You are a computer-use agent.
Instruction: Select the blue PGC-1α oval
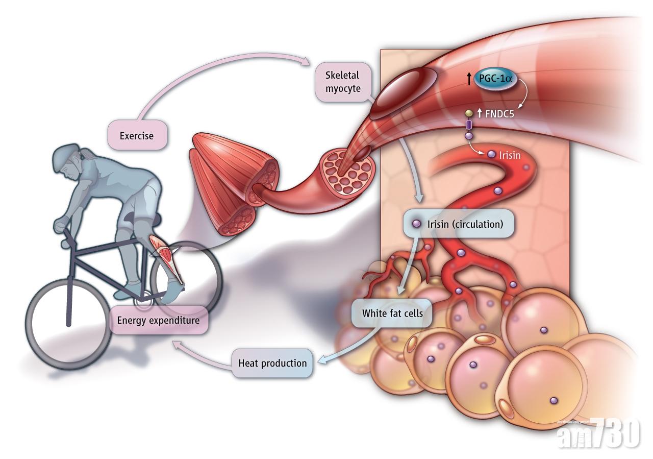[494, 79]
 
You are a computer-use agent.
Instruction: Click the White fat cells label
[392, 312]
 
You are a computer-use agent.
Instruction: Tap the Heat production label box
[272, 363]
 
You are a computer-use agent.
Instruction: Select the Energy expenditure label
[158, 321]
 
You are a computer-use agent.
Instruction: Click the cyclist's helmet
[66, 153]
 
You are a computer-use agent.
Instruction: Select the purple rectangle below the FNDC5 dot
[469, 125]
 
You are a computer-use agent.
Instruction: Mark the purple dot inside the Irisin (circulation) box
[416, 224]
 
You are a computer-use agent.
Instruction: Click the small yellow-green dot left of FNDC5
[468, 112]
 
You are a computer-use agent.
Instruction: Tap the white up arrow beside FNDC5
[480, 113]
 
